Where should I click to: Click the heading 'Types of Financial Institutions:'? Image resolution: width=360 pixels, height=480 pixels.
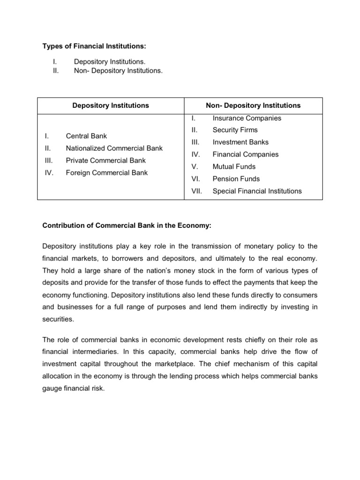pyautogui.click(x=94, y=46)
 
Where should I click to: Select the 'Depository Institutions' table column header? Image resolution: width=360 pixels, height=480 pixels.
pyautogui.click(x=111, y=105)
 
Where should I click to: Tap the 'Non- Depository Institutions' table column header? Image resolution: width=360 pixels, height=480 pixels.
pyautogui.click(x=253, y=105)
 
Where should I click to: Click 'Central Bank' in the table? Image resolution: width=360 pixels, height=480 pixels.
pyautogui.click(x=86, y=136)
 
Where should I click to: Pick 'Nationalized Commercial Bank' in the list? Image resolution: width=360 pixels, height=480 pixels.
pyautogui.click(x=114, y=148)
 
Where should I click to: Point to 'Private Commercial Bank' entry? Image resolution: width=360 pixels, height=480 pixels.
pyautogui.click(x=106, y=160)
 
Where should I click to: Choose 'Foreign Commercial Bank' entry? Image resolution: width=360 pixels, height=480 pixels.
pyautogui.click(x=106, y=172)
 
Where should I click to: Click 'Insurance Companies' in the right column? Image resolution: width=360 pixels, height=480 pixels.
pyautogui.click(x=247, y=118)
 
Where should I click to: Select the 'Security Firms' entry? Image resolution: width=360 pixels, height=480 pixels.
pyautogui.click(x=235, y=130)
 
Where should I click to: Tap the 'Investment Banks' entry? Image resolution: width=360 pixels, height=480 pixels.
pyautogui.click(x=240, y=142)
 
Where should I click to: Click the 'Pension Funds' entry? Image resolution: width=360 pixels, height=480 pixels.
pyautogui.click(x=236, y=179)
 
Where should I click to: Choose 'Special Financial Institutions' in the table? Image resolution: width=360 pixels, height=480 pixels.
pyautogui.click(x=257, y=191)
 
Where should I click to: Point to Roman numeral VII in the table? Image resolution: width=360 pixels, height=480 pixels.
pyautogui.click(x=196, y=191)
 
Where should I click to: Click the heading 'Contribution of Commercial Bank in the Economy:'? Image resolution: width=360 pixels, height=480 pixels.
pyautogui.click(x=127, y=225)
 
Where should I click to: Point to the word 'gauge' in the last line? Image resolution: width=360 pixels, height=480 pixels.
pyautogui.click(x=52, y=386)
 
